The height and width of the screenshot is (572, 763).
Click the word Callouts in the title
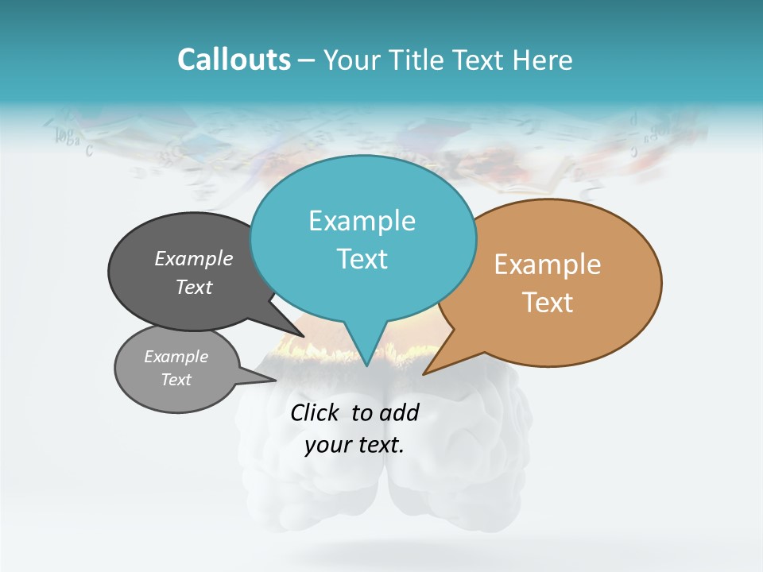coord(234,60)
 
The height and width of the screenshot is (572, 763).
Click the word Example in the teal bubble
coord(362,221)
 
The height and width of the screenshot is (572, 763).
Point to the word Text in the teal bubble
coord(362,259)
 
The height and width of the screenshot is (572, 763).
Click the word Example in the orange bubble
coord(548,265)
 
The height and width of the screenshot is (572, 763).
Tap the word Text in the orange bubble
coord(548,303)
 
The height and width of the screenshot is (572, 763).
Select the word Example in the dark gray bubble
coord(194,259)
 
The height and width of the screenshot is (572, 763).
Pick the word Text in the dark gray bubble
coord(194,287)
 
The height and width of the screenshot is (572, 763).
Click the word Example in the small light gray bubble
coord(176,357)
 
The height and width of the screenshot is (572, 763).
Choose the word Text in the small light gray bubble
coord(176,380)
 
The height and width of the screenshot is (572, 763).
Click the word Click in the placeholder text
coord(316,412)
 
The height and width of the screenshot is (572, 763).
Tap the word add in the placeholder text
coord(399,412)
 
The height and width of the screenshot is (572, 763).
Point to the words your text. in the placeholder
coord(354,445)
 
